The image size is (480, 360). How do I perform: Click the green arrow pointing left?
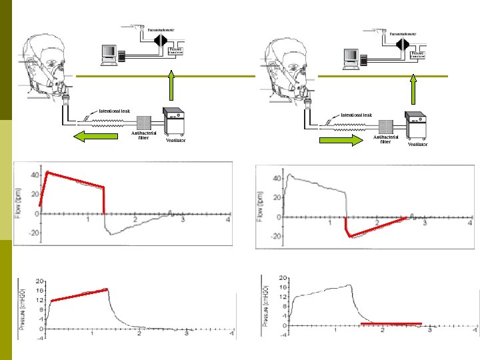(x=93, y=137)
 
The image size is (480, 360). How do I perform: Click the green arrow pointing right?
(x=341, y=140)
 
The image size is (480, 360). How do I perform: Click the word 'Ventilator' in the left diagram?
(x=175, y=141)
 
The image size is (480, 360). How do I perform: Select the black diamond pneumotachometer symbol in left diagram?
(x=159, y=39)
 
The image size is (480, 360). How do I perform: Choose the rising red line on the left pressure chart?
(x=79, y=295)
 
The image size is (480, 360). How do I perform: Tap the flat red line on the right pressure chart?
(x=391, y=323)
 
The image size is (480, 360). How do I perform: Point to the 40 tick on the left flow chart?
(x=33, y=174)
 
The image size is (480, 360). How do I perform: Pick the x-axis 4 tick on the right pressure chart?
(x=475, y=331)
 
